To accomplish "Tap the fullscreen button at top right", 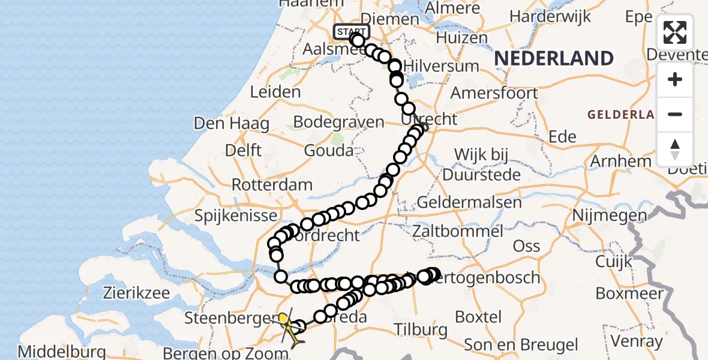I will point(675,32).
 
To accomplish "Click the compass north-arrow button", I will point(675,149).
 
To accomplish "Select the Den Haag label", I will point(223,124).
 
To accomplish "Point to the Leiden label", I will point(275,92).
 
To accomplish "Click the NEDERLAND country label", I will point(554,58).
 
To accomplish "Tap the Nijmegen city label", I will point(610,215).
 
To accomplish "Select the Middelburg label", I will point(62,352).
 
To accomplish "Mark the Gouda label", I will point(328,151).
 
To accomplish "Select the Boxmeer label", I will point(629,293).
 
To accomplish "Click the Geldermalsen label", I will point(469,202).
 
